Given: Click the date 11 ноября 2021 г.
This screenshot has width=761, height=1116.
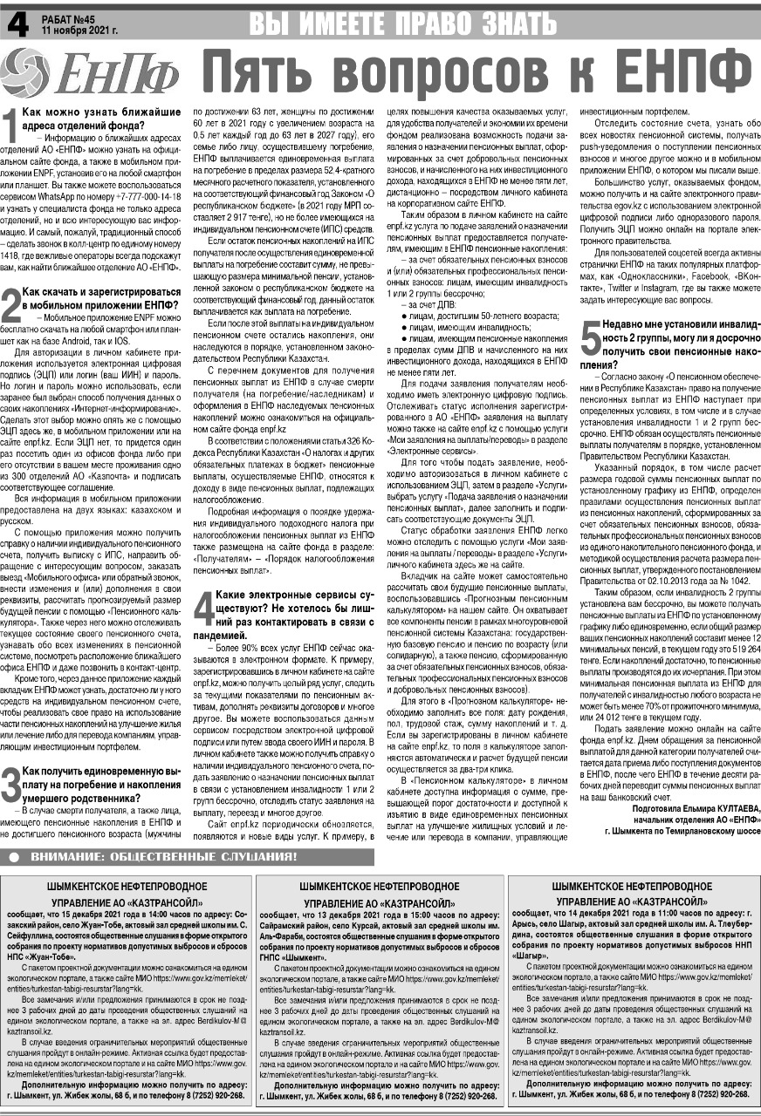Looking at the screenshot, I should point(79,29).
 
